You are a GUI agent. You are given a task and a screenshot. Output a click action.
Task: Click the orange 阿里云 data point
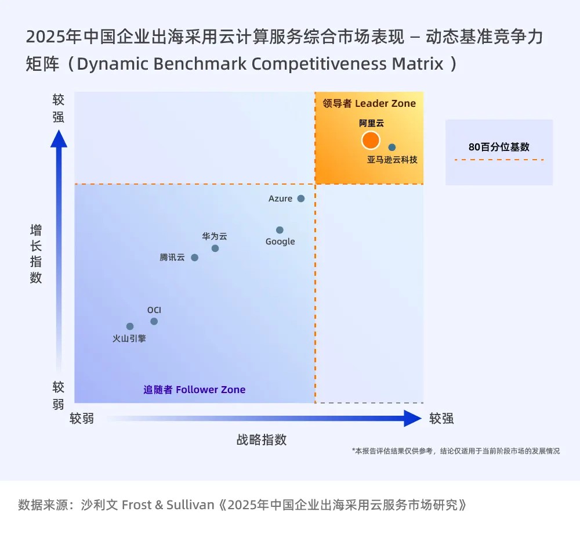[370, 140]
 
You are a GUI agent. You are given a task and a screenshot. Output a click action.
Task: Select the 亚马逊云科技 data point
[392, 147]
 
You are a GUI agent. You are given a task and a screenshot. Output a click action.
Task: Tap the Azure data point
[301, 199]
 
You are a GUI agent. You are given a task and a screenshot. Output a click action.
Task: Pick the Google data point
[280, 230]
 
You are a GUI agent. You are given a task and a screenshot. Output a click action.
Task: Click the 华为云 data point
[215, 249]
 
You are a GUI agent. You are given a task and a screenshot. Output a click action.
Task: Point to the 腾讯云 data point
[194, 258]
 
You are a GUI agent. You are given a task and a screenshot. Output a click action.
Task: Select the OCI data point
[154, 321]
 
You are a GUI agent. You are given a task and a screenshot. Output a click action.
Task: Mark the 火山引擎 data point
[130, 326]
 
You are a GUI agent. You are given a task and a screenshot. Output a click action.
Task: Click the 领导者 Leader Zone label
[369, 103]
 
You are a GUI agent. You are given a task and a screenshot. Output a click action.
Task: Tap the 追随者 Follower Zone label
[194, 390]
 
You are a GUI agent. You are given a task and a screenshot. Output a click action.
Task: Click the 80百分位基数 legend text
[499, 147]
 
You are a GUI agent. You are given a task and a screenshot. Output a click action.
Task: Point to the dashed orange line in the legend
[499, 160]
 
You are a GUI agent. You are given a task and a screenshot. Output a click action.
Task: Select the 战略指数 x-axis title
[262, 440]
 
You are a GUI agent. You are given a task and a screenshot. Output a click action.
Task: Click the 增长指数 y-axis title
[36, 254]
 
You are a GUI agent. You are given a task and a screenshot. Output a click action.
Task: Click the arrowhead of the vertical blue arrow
[59, 139]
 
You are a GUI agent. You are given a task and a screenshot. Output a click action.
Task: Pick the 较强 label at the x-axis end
[441, 418]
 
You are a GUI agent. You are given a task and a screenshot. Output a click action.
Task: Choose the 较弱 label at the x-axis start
[82, 418]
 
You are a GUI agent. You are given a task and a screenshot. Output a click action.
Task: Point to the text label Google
[280, 242]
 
